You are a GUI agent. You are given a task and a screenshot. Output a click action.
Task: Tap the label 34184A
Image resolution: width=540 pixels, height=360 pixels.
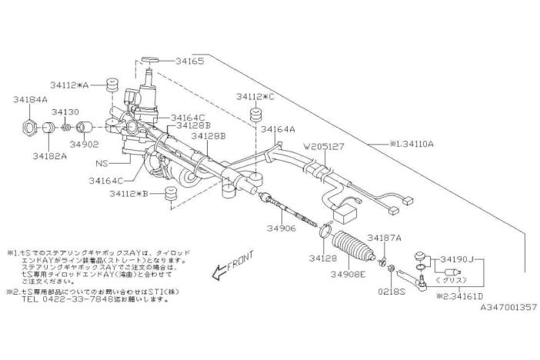tap(31, 99)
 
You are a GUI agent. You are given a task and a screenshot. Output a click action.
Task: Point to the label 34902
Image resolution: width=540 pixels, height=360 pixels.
tap(85, 143)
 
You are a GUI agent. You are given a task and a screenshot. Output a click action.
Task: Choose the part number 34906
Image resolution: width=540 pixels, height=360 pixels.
tap(283, 229)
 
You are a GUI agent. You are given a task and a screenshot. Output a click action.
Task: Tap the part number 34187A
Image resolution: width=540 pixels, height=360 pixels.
tap(385, 238)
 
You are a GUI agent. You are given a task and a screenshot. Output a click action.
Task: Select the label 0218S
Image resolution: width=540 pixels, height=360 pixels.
tap(392, 292)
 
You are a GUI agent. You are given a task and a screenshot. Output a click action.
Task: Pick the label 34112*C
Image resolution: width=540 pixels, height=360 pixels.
tap(255, 97)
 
